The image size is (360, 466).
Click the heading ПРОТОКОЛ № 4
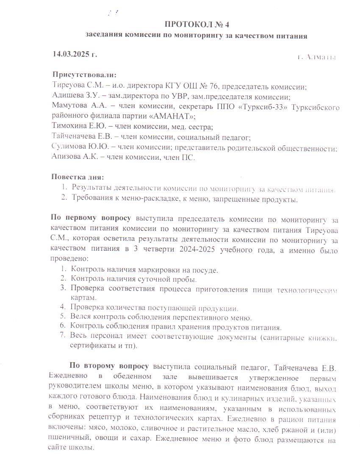[x=197, y=24]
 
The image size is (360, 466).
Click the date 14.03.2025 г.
[x=75, y=54]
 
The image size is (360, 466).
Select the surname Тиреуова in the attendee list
[x=66, y=86]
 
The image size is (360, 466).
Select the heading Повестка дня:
[x=78, y=177]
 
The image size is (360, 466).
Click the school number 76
[x=214, y=86]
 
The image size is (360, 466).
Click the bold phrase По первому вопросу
[x=91, y=219]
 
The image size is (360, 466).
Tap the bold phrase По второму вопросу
[x=109, y=366]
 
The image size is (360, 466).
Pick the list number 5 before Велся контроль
[x=62, y=317]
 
